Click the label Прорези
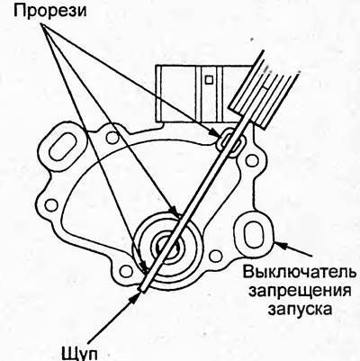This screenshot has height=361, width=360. pos(49,11)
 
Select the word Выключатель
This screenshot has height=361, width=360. pos(300,273)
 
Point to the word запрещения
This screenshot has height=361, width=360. pos(301,291)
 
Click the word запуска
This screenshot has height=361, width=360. pos(300,309)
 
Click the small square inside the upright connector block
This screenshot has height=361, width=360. pos(209,79)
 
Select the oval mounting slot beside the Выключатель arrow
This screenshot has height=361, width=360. pos(253,234)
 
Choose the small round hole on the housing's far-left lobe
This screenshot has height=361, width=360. pos(51,204)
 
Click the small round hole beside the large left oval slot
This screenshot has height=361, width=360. pos(113,138)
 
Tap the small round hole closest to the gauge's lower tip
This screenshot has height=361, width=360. pos(125,271)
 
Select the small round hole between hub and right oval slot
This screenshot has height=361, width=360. pos(215,256)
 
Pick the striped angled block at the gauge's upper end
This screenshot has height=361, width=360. pos(264,93)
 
